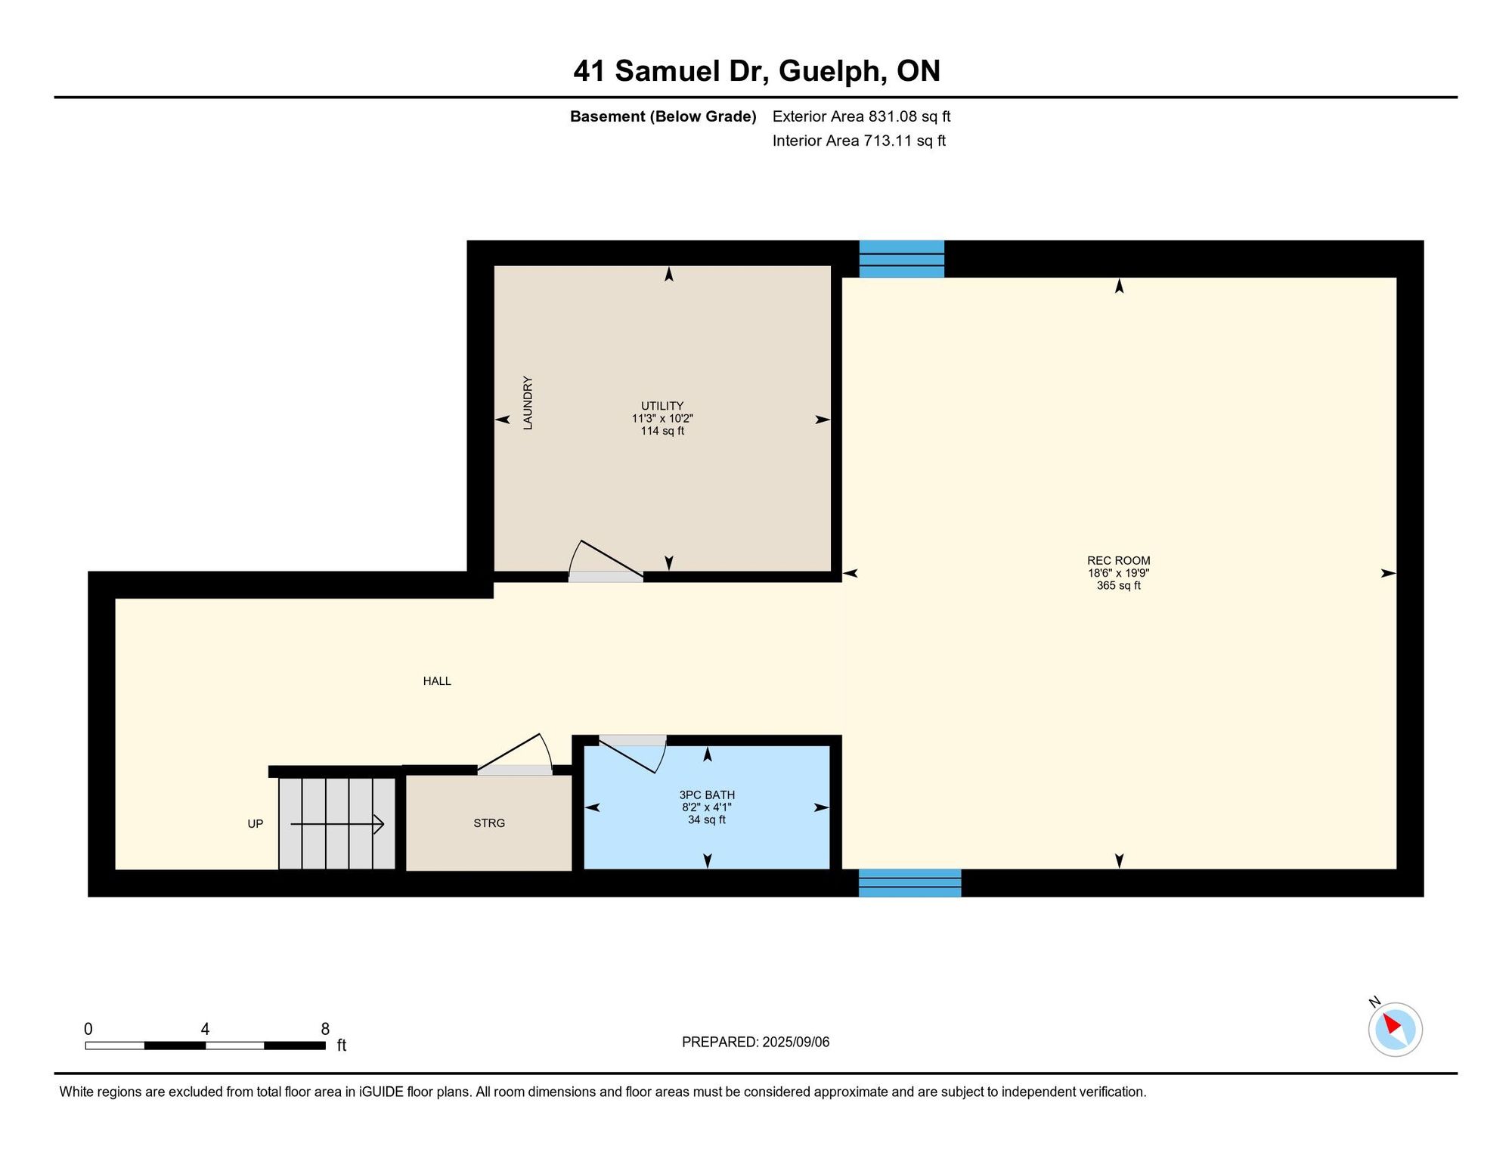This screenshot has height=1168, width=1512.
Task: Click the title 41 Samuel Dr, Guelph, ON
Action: (x=757, y=71)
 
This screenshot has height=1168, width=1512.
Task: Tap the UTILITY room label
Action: (x=662, y=406)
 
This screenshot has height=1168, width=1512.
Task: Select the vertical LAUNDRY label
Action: (x=528, y=403)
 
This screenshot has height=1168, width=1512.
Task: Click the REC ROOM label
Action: (x=1118, y=560)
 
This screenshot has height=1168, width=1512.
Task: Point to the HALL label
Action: (x=437, y=681)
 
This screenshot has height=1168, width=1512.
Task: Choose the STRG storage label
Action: (x=489, y=823)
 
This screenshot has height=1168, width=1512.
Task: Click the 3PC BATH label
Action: (x=707, y=795)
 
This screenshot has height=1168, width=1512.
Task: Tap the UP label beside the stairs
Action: (x=256, y=824)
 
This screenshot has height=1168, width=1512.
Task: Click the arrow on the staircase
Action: (x=337, y=824)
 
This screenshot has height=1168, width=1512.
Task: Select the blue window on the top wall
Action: (x=902, y=259)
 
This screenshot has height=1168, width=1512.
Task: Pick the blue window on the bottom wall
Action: (x=909, y=883)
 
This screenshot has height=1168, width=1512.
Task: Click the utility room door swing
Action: (x=605, y=560)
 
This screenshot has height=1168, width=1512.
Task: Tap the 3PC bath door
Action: (x=633, y=754)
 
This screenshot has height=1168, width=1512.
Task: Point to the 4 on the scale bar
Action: (x=205, y=1030)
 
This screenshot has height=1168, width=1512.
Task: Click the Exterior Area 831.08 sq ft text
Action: (x=861, y=116)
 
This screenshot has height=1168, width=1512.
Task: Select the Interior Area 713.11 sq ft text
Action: (x=859, y=141)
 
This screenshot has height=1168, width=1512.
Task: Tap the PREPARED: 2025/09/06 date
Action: (x=755, y=1042)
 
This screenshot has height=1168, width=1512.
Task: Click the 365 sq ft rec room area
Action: (x=1118, y=586)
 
